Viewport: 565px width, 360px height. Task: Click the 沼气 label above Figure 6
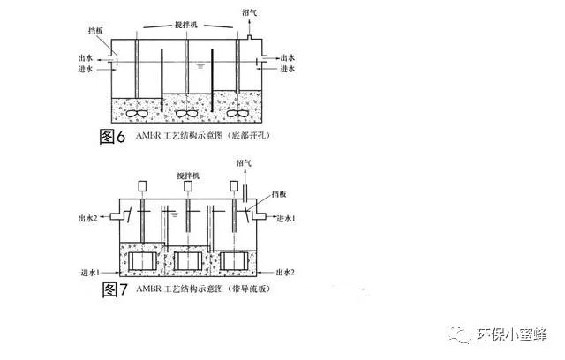(x=249, y=12)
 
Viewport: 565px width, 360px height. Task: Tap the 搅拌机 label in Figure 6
(x=186, y=25)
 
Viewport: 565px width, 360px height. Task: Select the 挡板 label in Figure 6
(x=95, y=31)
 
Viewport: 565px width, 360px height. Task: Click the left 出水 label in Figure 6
(x=86, y=58)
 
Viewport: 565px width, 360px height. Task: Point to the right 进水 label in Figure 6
(x=288, y=69)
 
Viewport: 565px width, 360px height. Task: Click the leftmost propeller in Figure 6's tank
(x=137, y=113)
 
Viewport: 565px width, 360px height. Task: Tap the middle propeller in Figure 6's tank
(x=186, y=114)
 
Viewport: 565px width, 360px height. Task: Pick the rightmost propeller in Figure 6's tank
(x=237, y=114)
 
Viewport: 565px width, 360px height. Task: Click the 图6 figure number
(x=112, y=137)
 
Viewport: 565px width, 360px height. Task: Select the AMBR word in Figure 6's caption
(x=147, y=136)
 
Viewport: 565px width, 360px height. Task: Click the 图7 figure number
(x=116, y=289)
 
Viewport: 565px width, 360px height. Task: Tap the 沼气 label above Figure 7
(x=244, y=163)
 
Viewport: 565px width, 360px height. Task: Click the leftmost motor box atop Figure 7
(x=142, y=186)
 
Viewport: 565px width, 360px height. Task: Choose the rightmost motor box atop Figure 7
(x=234, y=186)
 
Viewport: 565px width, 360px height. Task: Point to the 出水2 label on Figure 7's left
(x=88, y=218)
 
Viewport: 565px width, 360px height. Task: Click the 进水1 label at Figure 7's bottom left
(x=90, y=273)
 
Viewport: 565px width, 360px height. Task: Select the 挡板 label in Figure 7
(x=279, y=194)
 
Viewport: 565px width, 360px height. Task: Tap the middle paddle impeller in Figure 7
(x=188, y=261)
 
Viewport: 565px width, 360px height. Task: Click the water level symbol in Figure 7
(x=175, y=215)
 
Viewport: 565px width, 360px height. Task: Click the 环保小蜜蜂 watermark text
(x=512, y=334)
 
